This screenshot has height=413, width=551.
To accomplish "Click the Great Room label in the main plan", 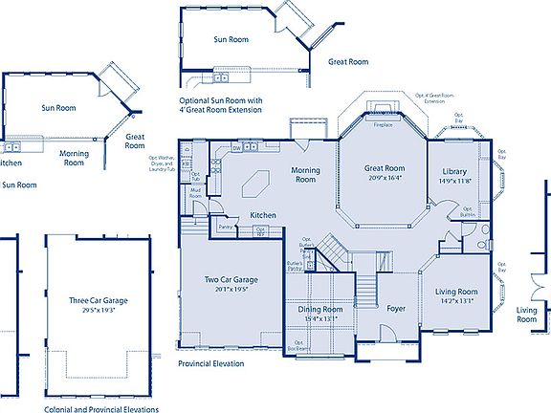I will pyautogui.click(x=386, y=168).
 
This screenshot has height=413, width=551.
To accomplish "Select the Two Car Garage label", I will pyautogui.click(x=229, y=280).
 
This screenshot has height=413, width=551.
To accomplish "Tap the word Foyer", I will pyautogui.click(x=396, y=309).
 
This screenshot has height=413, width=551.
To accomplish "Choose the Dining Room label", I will pyautogui.click(x=320, y=309).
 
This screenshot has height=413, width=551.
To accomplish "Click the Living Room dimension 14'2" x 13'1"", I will pyautogui.click(x=457, y=301).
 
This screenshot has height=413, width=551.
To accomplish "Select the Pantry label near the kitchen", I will pyautogui.click(x=226, y=227).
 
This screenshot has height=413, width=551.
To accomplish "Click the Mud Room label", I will pyautogui.click(x=195, y=193).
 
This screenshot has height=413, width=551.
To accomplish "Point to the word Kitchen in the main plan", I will pyautogui.click(x=263, y=215).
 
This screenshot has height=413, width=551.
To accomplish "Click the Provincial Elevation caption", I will pyautogui.click(x=210, y=364).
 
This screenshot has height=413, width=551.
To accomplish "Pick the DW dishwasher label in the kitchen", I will pyautogui.click(x=236, y=148).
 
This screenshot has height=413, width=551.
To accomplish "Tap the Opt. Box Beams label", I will pyautogui.click(x=300, y=345).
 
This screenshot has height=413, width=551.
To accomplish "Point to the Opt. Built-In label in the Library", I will pyautogui.click(x=468, y=211).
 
